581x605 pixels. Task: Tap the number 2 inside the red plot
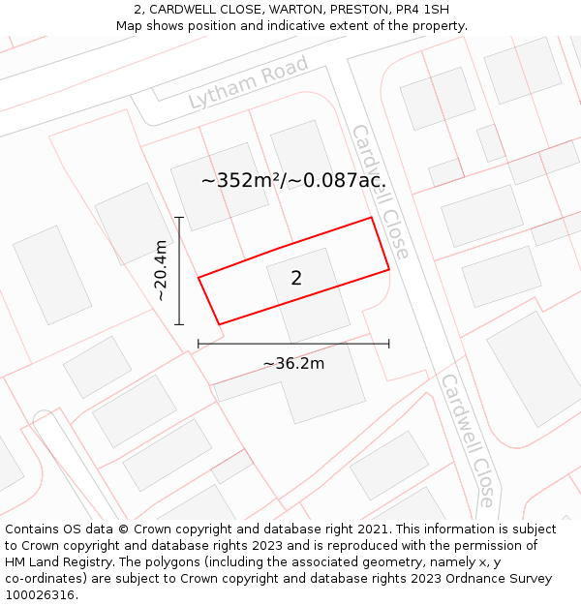click(296, 278)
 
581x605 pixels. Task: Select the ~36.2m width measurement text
click(293, 364)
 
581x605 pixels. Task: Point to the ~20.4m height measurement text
click(161, 271)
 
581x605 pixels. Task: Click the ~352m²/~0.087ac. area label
click(293, 180)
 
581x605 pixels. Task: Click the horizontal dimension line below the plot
click(293, 344)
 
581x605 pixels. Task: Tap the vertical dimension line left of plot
click(179, 271)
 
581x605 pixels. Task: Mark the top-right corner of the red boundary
click(372, 218)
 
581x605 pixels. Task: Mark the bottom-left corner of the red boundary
click(219, 324)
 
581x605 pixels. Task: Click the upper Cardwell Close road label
click(380, 191)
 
